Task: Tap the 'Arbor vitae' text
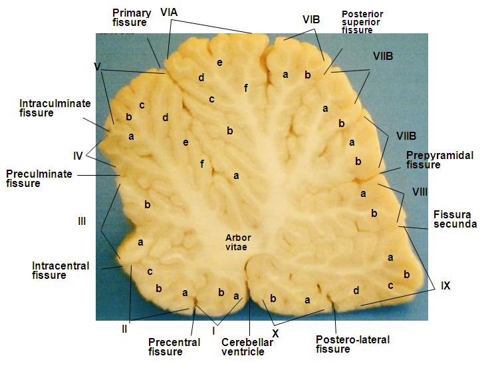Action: (x=237, y=242)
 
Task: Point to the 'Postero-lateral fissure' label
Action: (x=352, y=344)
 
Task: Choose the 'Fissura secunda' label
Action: (x=455, y=220)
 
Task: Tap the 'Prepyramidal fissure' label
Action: (x=439, y=160)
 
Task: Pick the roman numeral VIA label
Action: (x=170, y=13)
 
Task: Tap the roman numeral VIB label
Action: (x=311, y=20)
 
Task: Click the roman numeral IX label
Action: (x=445, y=285)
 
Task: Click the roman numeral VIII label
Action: (x=420, y=192)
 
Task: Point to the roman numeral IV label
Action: (x=78, y=156)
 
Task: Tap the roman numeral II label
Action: (x=124, y=327)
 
